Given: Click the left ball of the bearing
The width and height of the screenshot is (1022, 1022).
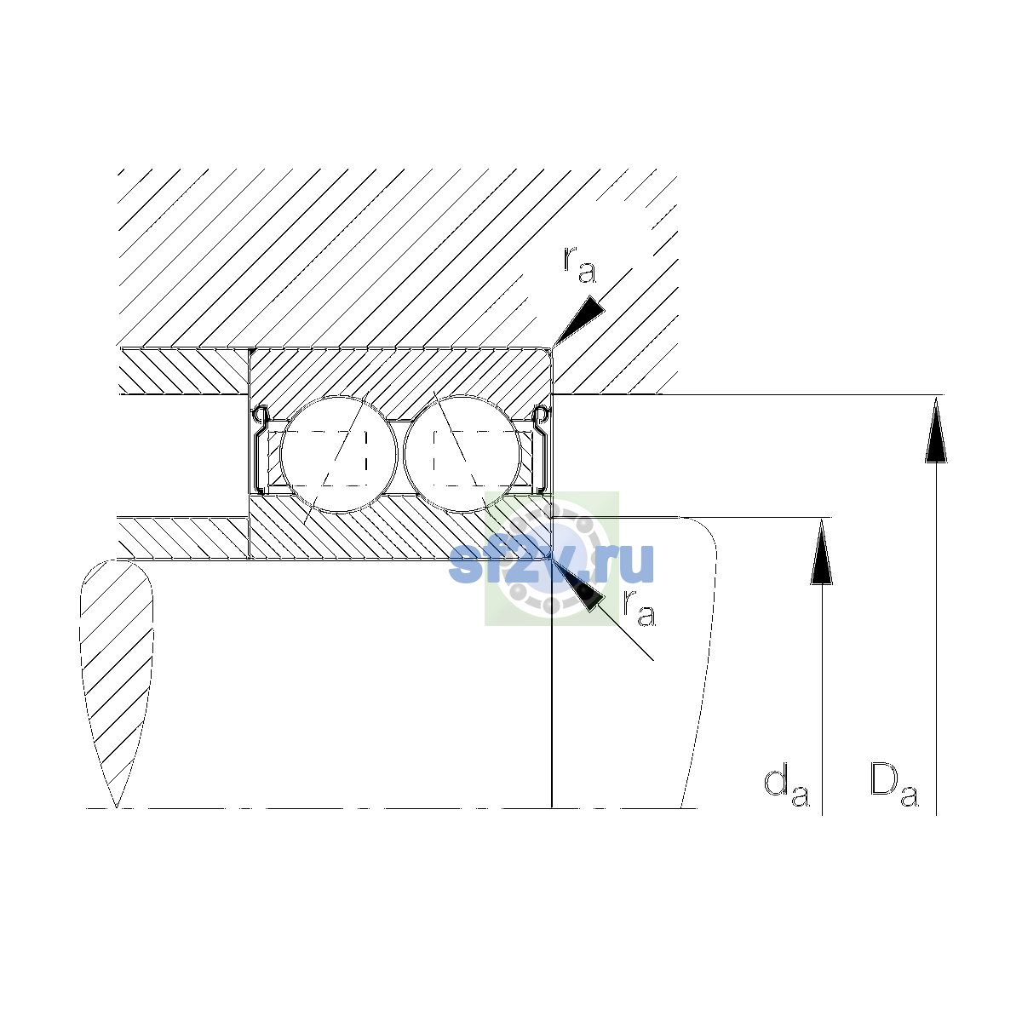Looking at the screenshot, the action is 338,454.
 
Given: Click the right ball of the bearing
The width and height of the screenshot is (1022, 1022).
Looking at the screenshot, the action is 462,454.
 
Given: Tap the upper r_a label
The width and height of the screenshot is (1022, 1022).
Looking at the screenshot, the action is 579,266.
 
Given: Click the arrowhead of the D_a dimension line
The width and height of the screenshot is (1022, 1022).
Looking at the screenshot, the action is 936,429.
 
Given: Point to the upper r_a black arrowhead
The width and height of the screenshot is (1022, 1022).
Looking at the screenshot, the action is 578,321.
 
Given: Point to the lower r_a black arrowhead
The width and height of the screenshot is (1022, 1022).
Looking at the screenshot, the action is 578,585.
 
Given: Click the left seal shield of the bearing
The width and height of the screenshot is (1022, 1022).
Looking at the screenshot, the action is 261,450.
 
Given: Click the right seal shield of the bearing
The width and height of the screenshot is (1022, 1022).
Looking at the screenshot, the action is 540,450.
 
